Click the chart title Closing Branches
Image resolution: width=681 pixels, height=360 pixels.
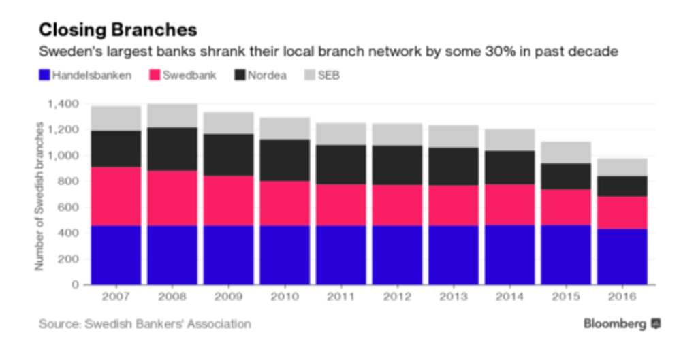pos(118,30)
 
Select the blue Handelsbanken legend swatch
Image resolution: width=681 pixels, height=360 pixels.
pos(45,75)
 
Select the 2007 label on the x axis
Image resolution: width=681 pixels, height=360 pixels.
pos(115,298)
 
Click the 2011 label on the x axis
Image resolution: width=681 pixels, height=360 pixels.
pos(340,298)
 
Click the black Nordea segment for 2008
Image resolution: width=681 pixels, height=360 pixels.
pos(172,148)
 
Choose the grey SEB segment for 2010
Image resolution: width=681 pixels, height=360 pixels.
pos(284,128)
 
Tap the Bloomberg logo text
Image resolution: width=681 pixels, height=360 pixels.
pos(614,324)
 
